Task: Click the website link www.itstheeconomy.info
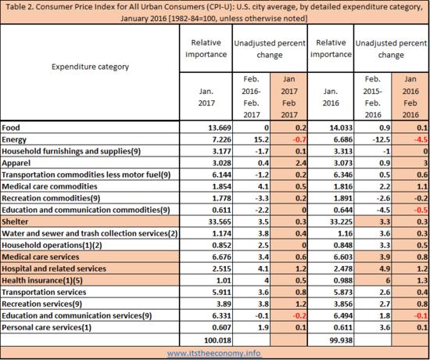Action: (x=214, y=353)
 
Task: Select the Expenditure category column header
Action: (x=90, y=67)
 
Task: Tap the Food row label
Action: (x=11, y=128)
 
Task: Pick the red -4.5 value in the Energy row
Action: (x=421, y=139)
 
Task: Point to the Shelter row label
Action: (x=15, y=221)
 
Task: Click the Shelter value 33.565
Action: (x=220, y=221)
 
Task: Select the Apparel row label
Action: (x=16, y=163)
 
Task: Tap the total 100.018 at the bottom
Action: (x=218, y=340)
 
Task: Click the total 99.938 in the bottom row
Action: (x=341, y=340)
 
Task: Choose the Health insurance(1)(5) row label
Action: (x=42, y=280)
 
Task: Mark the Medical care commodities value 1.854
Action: (x=221, y=186)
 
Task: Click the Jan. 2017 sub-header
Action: (x=206, y=97)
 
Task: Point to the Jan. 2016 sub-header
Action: (x=331, y=97)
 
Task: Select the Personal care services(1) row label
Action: (x=47, y=327)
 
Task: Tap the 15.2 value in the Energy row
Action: (x=261, y=139)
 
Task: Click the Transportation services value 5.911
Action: (x=221, y=292)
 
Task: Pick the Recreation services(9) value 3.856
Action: (x=343, y=304)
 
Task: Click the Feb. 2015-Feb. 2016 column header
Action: (x=373, y=97)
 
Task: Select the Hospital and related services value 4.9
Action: (x=385, y=268)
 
